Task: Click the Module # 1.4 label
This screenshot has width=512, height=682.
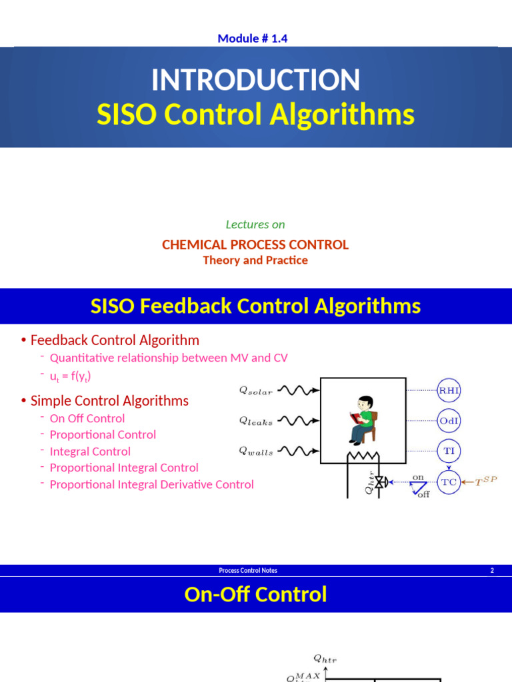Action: point(252,38)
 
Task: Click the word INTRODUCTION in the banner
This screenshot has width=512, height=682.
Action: point(255,81)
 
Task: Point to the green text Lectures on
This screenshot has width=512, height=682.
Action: point(255,224)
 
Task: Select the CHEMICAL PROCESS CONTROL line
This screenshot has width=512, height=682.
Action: point(255,244)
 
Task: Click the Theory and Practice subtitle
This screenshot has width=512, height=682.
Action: point(255,260)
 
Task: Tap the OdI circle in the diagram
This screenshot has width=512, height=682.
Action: point(449,420)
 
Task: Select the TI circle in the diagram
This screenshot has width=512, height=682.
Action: point(449,451)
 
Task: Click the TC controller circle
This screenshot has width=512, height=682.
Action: point(449,482)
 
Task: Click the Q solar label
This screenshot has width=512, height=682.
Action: point(256,391)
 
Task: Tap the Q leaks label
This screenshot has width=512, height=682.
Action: point(256,421)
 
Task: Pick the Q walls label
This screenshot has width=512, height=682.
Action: point(256,452)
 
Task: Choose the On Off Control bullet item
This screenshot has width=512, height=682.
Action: point(87,418)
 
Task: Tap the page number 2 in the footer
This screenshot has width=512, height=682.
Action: point(492,570)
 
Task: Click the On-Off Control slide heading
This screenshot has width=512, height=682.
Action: point(255,594)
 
